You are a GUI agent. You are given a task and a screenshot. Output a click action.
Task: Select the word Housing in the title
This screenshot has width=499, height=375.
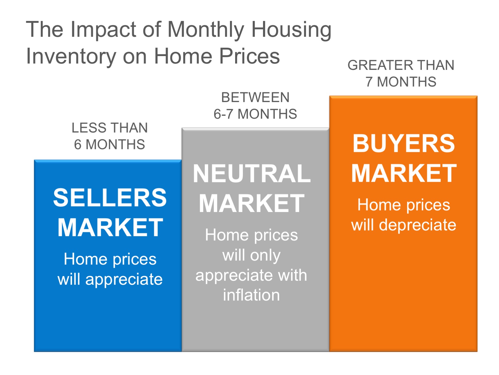tap(291, 30)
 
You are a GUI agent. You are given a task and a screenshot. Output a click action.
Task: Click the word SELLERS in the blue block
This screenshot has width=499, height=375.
tap(110, 198)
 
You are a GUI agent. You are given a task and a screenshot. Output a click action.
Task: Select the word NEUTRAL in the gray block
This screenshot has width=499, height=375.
tap(252, 174)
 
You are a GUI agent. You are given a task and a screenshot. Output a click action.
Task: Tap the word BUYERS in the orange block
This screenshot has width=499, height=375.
tap(403, 144)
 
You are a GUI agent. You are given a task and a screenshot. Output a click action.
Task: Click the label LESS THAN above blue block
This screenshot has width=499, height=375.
tap(109, 128)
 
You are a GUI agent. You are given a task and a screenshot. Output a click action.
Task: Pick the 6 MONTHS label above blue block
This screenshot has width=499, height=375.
tap(109, 144)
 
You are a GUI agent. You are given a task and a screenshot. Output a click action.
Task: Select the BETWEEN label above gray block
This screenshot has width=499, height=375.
tap(255, 97)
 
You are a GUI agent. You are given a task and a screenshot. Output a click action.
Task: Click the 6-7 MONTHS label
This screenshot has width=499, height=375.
tap(255, 114)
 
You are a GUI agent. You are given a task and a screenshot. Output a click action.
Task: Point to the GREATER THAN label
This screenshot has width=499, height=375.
tap(401, 65)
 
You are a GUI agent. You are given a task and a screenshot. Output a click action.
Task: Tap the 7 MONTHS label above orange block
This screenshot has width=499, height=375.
tap(401, 82)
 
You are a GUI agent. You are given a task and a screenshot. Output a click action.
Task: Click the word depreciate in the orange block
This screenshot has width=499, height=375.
tap(417, 225)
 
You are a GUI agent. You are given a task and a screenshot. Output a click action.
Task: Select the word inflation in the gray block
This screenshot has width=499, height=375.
tap(251, 295)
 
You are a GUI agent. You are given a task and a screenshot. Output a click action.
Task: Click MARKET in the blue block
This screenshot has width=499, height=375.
tap(110, 228)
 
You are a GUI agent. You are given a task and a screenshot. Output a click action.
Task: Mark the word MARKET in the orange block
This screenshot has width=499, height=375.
tap(404, 173)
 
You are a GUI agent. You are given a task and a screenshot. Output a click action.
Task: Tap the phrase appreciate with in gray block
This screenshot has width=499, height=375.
tap(251, 275)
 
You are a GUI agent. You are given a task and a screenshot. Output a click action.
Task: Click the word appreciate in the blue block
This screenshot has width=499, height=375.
tap(124, 280)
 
